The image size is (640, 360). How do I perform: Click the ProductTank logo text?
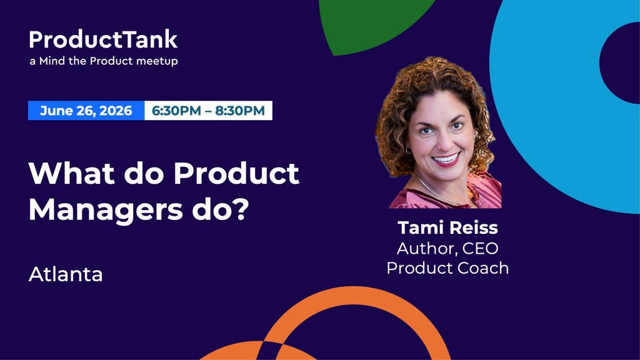pos(103,39)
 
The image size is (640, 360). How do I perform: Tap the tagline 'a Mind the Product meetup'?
pos(104,61)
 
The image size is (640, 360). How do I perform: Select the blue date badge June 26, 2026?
pos(86,111)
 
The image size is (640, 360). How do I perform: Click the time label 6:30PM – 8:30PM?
pos(208,111)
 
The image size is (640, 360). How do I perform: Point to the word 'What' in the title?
pos(72,174)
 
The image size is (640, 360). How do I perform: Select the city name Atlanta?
pos(66,274)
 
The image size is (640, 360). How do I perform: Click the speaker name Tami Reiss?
pos(447,227)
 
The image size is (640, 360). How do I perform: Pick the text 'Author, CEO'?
pos(447,248)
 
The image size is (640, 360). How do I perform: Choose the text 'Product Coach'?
pos(447,268)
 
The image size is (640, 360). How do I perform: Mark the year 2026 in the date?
pos(116,111)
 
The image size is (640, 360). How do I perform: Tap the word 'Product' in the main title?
pos(236,174)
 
